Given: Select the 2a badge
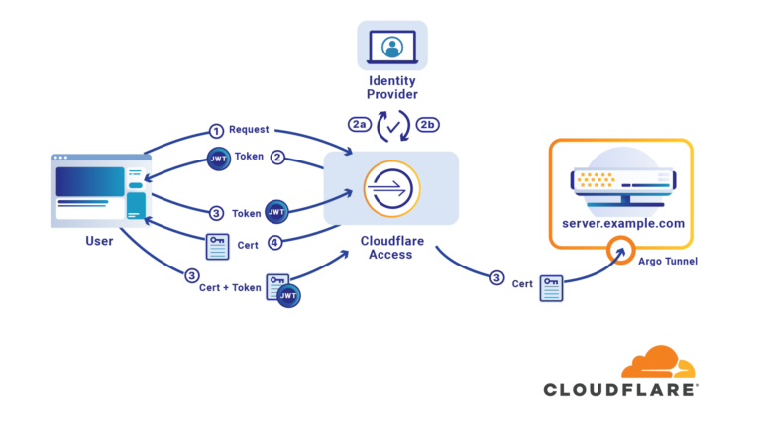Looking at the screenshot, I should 359,124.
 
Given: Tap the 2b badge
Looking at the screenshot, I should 428,124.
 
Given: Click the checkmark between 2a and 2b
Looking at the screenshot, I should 393,126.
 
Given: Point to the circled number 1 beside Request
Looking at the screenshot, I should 216,130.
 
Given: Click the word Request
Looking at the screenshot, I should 249,130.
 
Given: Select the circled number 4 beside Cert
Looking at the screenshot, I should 276,242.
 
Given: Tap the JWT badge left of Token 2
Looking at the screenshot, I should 219,158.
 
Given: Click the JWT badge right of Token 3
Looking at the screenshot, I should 276,212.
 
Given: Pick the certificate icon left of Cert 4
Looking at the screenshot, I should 217,244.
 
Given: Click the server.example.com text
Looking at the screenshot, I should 622,224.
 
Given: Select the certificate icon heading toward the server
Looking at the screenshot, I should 551,288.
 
